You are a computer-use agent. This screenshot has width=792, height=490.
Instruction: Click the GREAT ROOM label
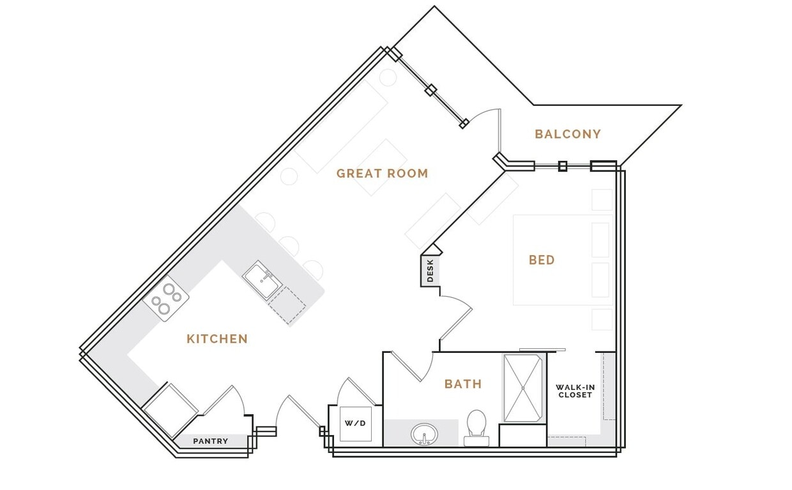(x=382, y=174)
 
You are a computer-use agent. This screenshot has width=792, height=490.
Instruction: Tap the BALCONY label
(x=568, y=135)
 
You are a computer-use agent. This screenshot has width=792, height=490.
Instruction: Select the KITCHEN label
(x=217, y=339)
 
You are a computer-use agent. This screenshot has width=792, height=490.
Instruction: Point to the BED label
(x=542, y=260)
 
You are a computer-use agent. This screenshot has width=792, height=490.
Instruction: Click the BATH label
(x=463, y=384)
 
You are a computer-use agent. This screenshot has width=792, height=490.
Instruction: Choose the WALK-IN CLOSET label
(x=575, y=391)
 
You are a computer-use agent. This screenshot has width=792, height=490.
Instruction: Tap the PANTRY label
(x=211, y=441)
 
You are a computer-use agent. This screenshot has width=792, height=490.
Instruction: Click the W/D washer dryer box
(x=355, y=424)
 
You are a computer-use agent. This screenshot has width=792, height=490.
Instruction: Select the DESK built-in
(x=430, y=271)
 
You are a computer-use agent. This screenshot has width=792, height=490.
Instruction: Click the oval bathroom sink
(x=423, y=435)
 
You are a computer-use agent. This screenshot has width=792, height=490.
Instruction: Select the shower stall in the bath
(x=523, y=388)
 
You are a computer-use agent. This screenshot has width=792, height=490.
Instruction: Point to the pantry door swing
(x=227, y=399)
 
